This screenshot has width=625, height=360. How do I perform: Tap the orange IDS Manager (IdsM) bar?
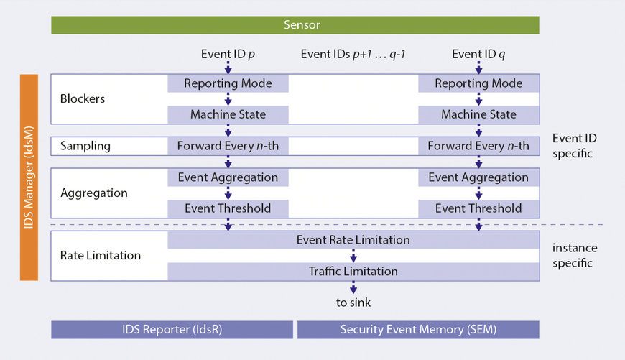(x=29, y=177)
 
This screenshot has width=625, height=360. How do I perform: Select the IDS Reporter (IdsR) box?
(x=172, y=330)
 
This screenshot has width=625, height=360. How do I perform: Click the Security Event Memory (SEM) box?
(x=418, y=330)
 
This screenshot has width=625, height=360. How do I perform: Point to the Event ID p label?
(x=228, y=54)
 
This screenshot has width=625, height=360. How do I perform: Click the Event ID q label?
(x=478, y=54)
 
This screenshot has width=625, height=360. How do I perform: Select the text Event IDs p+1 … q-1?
(x=353, y=54)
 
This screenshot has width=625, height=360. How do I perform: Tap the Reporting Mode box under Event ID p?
(x=228, y=83)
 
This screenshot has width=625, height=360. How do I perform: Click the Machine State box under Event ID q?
(x=478, y=114)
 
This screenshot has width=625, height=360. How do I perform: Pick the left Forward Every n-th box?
(x=228, y=146)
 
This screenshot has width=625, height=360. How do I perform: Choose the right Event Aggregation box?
(x=478, y=177)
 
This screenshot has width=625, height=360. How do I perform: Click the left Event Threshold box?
(x=228, y=208)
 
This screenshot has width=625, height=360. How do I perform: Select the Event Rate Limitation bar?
(x=353, y=240)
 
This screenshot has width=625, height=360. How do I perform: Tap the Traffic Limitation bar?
(x=353, y=272)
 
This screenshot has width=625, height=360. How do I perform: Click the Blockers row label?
(x=83, y=99)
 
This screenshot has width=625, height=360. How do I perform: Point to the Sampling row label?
(x=85, y=146)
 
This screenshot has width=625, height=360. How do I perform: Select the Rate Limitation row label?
(x=101, y=255)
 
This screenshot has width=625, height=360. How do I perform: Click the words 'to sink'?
(x=353, y=302)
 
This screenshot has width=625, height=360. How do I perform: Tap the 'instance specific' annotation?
(x=575, y=255)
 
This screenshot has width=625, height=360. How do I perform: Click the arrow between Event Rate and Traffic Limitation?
(x=353, y=256)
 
